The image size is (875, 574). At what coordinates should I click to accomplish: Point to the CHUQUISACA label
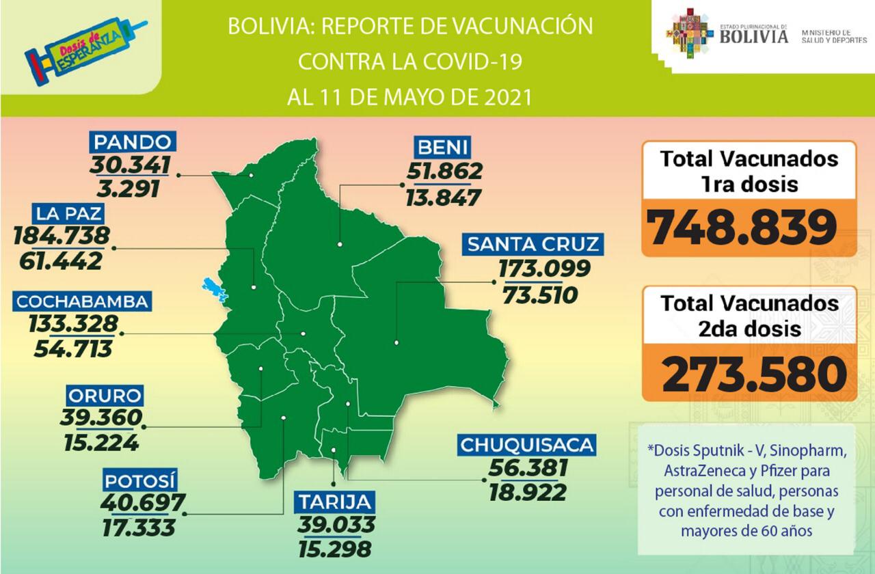[526, 446]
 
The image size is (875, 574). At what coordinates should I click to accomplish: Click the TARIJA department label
[335, 503]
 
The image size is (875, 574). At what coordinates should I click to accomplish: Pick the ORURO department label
[105, 396]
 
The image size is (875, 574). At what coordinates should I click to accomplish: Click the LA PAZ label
[70, 214]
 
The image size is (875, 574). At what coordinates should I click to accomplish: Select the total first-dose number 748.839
[743, 228]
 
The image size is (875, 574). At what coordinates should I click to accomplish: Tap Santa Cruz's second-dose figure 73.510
[540, 295]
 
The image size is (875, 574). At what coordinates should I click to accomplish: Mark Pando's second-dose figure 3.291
[130, 187]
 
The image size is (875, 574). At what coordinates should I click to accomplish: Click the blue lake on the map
[214, 290]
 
